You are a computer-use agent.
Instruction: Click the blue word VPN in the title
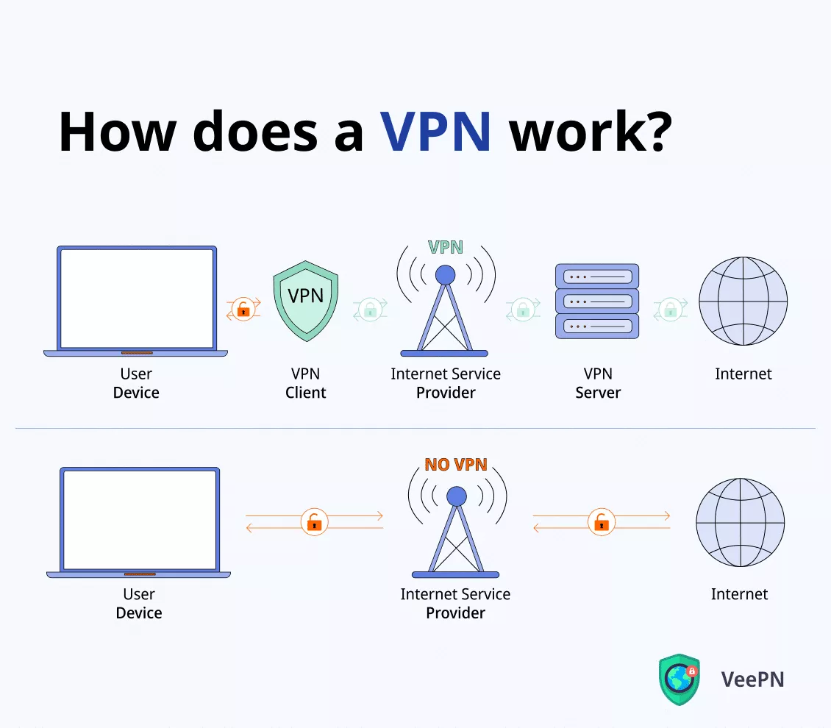coord(436,132)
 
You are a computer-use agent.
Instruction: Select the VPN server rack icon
coord(596,301)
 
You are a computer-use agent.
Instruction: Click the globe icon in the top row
coord(743,301)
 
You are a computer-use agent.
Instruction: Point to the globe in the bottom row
coord(740,522)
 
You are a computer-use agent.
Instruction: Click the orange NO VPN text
coord(456,465)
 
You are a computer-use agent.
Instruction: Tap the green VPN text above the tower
coord(446,247)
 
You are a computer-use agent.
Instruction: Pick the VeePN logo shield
coord(679,678)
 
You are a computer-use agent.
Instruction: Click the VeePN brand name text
coord(752,679)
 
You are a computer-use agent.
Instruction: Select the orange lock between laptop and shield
coord(243,310)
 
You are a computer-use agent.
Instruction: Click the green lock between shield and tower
coord(370,310)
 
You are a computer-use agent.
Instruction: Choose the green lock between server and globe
coord(670,310)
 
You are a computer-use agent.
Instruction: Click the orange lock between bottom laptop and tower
coord(314,522)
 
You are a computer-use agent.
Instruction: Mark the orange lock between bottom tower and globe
coord(602,522)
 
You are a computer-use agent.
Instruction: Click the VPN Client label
coord(305,383)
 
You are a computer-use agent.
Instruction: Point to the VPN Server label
coord(597,383)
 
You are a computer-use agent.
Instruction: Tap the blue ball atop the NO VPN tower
coord(456,496)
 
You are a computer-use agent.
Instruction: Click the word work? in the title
coord(591,132)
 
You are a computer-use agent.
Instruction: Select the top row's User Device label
coord(136,383)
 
